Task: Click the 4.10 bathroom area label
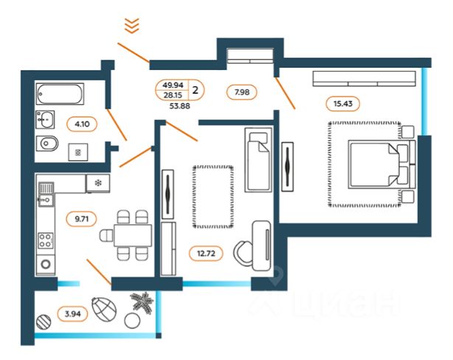82,124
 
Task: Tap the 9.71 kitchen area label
81,218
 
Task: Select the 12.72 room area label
206,253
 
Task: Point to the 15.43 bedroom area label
343,103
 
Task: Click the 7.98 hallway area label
242,92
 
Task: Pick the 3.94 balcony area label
72,314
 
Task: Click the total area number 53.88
180,106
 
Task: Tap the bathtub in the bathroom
60,94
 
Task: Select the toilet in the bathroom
47,144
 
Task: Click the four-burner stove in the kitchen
46,240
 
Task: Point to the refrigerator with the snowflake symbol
98,183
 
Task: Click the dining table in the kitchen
133,235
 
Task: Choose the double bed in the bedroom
382,165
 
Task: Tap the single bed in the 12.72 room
258,160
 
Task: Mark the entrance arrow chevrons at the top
132,25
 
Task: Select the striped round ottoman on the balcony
44,322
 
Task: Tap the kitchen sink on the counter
46,193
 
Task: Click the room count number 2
196,90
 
